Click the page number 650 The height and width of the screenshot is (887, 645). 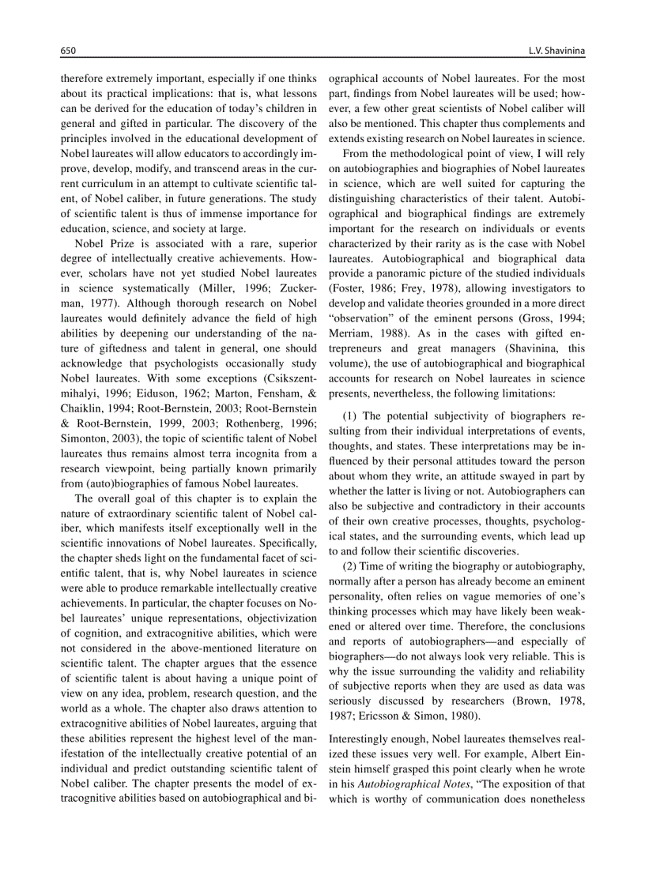coord(68,51)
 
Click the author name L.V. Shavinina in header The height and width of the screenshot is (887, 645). coord(556,51)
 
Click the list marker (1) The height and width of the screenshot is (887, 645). coord(351,415)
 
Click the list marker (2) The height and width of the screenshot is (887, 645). coord(351,567)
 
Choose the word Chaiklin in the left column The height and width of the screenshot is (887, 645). coord(82,408)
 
